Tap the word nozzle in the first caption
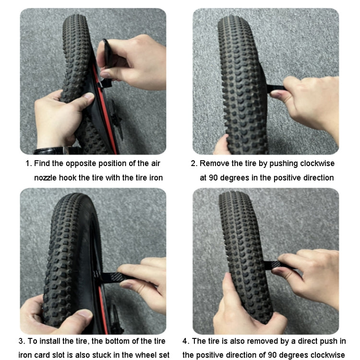click(46, 178)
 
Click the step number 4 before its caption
click(186, 341)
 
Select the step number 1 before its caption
click(28, 164)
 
